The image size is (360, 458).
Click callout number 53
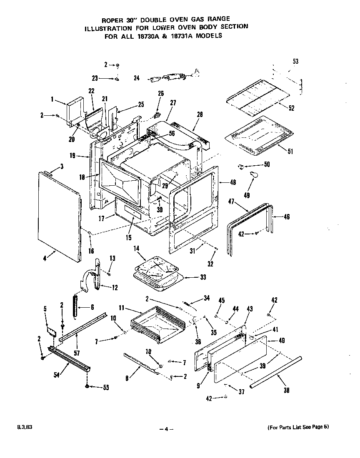(295, 62)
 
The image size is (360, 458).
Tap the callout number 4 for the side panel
(45, 258)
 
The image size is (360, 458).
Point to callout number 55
(106, 388)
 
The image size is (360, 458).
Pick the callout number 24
(136, 77)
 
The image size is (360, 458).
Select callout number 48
(232, 182)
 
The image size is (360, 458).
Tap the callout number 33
(203, 276)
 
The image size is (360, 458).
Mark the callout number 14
(136, 248)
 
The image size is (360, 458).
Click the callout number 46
(287, 217)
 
